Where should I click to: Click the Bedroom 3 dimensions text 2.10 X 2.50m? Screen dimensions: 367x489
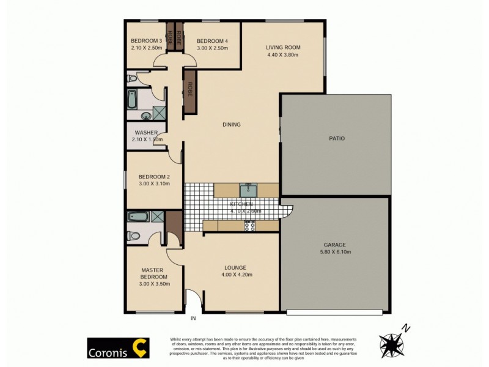[x=146, y=47]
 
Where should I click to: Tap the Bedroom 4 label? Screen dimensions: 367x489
[x=212, y=41]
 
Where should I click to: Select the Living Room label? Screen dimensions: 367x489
[x=283, y=47]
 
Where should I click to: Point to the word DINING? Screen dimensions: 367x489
[x=231, y=125]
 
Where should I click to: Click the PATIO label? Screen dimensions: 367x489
[x=337, y=138]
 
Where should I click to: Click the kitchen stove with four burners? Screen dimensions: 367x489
[x=249, y=226]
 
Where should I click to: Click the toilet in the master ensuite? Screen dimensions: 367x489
[x=133, y=236]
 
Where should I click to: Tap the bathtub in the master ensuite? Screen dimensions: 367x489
[x=137, y=216]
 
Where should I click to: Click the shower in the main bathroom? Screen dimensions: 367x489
[x=159, y=113]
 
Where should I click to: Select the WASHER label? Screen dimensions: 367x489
[x=147, y=133]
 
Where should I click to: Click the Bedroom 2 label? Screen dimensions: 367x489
[x=154, y=177]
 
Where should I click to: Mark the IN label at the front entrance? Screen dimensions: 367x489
[x=194, y=318]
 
